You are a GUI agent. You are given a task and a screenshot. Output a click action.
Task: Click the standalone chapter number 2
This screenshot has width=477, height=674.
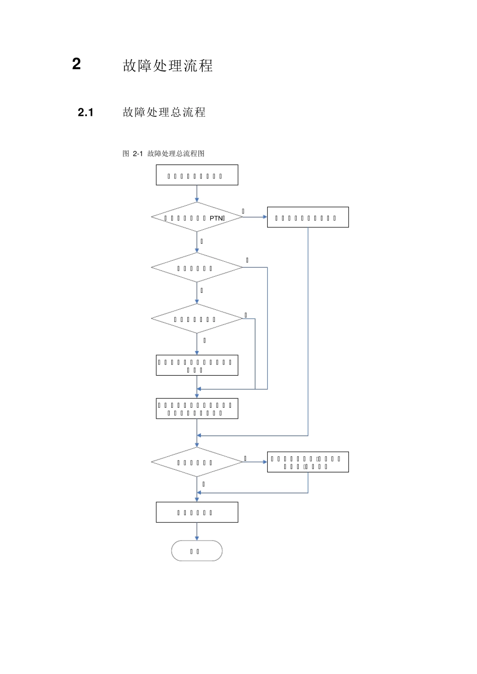76,64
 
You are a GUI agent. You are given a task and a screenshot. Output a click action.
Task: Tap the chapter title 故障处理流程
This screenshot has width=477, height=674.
168,66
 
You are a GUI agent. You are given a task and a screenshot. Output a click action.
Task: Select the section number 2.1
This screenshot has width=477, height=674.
86,112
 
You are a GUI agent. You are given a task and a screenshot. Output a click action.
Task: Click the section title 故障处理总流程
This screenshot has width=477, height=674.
164,112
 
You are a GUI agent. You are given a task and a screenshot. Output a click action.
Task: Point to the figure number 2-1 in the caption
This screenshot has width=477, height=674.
138,153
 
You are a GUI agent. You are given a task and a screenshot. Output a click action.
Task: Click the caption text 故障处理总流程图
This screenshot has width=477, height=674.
176,153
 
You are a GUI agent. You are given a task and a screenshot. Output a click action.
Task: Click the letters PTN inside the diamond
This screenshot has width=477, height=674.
216,218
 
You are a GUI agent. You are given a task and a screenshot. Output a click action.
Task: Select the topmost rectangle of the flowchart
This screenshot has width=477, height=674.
197,175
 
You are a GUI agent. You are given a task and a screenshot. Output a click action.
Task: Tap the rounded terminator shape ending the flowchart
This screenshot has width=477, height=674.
197,551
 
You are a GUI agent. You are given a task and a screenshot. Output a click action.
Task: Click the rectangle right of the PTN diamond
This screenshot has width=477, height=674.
308,217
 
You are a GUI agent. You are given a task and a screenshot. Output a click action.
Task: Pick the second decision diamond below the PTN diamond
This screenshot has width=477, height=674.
197,268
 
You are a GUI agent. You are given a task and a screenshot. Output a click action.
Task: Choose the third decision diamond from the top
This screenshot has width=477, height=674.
197,319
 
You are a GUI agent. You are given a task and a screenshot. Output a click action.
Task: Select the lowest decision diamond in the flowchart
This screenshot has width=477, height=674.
197,462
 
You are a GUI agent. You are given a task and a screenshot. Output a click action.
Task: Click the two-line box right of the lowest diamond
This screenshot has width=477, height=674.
308,462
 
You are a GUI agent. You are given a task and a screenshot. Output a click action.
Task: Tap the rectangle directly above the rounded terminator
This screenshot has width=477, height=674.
197,512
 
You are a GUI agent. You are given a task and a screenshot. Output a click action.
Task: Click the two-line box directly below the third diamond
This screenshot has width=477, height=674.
197,366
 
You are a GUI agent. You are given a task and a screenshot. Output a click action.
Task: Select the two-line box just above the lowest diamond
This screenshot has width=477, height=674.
197,409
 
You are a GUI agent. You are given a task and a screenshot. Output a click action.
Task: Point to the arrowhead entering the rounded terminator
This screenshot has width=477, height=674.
197,538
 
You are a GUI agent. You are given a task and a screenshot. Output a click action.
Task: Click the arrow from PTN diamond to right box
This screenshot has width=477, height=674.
255,217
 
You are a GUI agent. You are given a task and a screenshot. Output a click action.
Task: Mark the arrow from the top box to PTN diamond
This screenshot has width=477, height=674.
197,194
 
